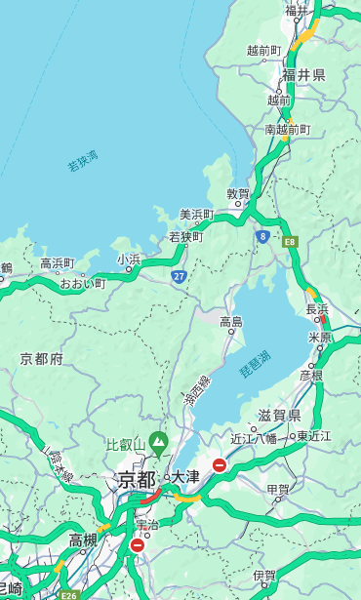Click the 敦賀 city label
pos(238,194)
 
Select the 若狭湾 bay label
pos(82,161)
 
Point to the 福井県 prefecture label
pos(305,75)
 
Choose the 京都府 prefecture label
pos(42,359)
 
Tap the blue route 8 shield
pos(262,236)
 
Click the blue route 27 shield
pos(179,276)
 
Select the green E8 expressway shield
pos(290,240)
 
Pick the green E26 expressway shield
pos(67,594)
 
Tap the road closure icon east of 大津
pos(221,465)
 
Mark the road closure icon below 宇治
pos(137,545)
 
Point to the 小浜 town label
pos(128,260)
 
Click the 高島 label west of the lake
pos(231,321)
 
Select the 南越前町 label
pos(287,130)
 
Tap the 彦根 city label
pos(311,375)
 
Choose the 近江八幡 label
pos(254,438)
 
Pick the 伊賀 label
pos(263,576)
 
